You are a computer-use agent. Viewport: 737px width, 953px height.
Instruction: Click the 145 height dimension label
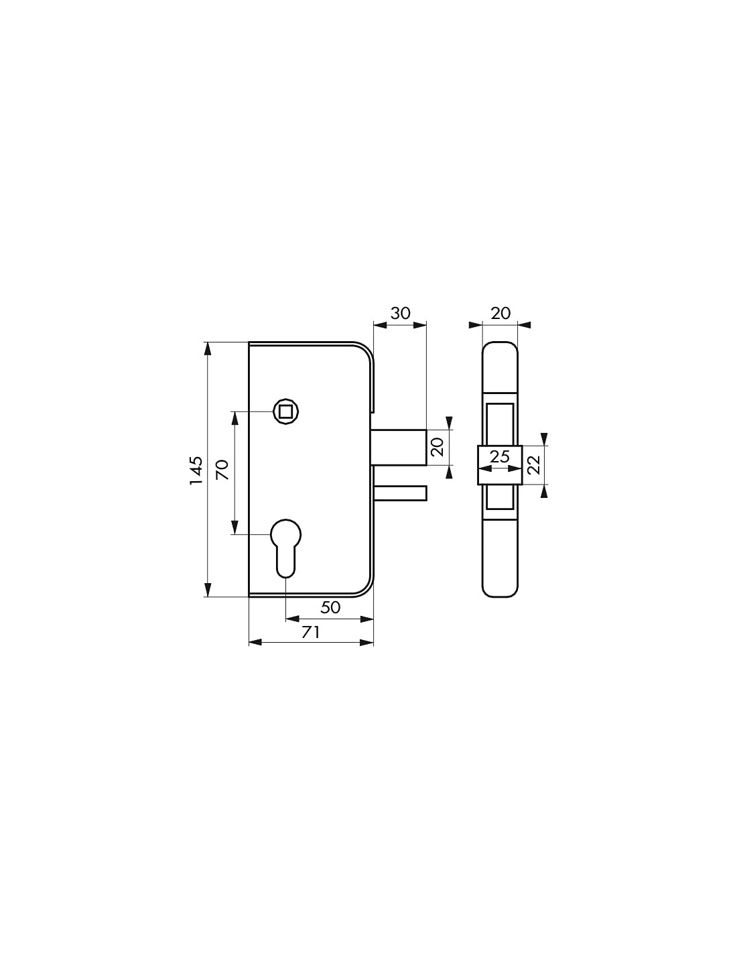click(196, 470)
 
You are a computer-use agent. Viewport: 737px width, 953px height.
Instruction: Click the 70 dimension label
click(222, 470)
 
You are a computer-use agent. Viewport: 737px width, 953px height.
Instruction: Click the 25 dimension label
click(500, 458)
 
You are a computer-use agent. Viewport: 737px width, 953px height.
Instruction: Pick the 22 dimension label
click(534, 465)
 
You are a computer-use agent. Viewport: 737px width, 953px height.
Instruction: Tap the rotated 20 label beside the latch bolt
click(438, 447)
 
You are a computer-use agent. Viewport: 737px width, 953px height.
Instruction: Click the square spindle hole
click(286, 411)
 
